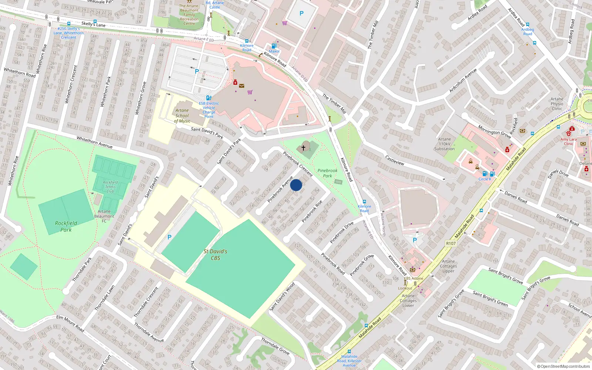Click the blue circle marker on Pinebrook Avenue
(296, 185)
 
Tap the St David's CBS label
(215, 255)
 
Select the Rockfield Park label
(66, 226)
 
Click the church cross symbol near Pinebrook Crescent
(303, 148)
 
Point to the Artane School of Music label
(182, 115)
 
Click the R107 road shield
(451, 243)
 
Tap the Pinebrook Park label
(327, 173)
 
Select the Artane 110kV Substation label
(444, 144)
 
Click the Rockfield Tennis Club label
(110, 187)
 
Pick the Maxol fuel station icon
(274, 46)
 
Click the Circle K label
(485, 179)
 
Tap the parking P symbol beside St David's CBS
(169, 237)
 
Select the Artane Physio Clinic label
(557, 104)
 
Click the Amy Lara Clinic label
(568, 141)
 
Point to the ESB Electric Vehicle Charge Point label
(209, 110)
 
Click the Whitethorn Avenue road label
(94, 142)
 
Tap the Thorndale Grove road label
(275, 346)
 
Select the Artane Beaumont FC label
(104, 216)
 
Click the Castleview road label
(395, 160)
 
